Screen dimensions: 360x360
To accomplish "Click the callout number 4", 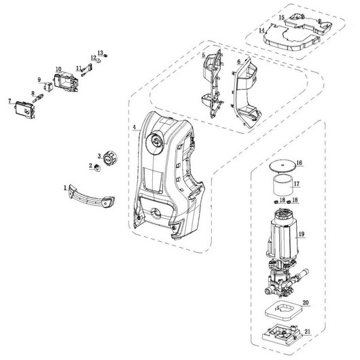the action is click(x=134, y=127).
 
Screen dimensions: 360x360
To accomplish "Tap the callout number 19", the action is click(x=302, y=234).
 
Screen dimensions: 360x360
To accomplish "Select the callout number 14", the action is click(x=262, y=31).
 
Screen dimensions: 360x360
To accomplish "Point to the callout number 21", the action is click(x=308, y=331).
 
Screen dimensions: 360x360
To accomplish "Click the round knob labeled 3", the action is click(x=111, y=158).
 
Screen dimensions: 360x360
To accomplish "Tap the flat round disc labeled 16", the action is click(x=283, y=166).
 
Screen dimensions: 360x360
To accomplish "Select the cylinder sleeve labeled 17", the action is click(x=283, y=184).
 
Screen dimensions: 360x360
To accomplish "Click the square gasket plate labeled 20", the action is click(x=283, y=311).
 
